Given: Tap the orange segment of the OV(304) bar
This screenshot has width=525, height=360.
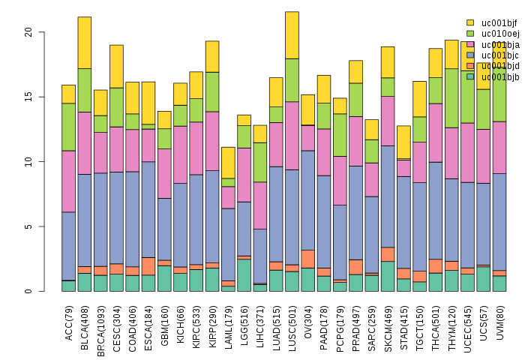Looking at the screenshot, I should point(308,259).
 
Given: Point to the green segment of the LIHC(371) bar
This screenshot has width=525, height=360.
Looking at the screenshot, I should point(260,162).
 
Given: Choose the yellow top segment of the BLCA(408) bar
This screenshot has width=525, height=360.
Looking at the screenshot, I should point(85,43).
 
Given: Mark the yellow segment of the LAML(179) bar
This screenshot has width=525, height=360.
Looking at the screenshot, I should point(228,163).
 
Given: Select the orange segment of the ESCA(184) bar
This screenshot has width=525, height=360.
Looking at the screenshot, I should point(148,266).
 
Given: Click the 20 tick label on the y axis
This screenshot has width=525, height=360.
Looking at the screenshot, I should point(28,32).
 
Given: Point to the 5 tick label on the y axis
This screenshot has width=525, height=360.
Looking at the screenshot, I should point(28,226).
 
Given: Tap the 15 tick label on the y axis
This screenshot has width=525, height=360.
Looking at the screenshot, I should point(28,97).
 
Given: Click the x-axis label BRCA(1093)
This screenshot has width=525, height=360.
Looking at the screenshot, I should point(101,322).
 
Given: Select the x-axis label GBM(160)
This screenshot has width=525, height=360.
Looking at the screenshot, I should point(165,319).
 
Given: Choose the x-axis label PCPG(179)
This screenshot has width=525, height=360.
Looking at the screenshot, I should point(340,320).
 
